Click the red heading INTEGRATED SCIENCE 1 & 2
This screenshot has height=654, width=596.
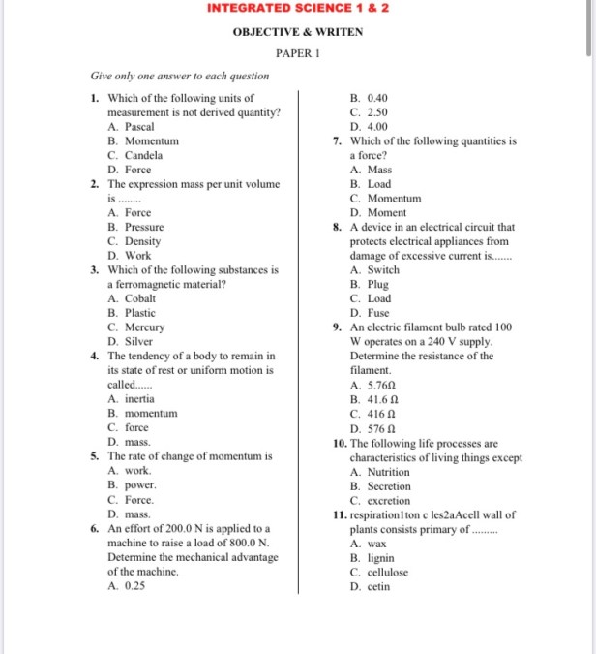[x=297, y=9]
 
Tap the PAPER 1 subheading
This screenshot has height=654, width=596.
[x=297, y=53]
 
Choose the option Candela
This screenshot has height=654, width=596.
[x=143, y=155]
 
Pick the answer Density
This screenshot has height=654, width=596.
[x=142, y=241]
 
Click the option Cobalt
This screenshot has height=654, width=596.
[x=139, y=298]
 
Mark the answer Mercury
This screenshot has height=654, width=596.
[x=144, y=327]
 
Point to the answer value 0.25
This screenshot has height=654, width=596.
[x=134, y=586]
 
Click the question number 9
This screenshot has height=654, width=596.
[x=335, y=327]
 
